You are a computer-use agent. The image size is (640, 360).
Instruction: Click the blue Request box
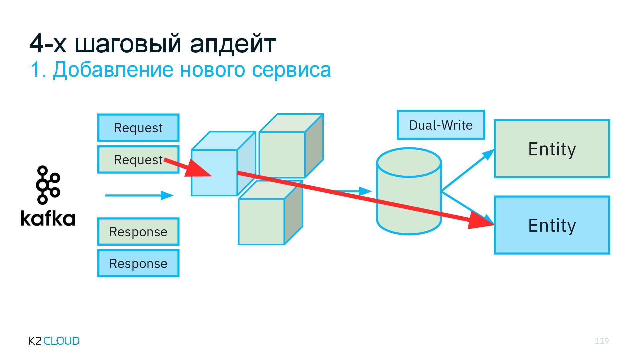pyautogui.click(x=138, y=128)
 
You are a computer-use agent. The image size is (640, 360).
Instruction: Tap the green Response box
pyautogui.click(x=138, y=232)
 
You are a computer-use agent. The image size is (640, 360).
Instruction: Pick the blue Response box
pyautogui.click(x=138, y=263)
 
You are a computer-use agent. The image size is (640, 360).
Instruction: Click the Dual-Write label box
pyautogui.click(x=441, y=125)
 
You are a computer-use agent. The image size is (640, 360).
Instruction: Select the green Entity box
pyautogui.click(x=552, y=149)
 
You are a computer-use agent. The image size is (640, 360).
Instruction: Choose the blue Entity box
pyautogui.click(x=552, y=225)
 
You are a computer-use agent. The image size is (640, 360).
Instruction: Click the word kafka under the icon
pyautogui.click(x=48, y=219)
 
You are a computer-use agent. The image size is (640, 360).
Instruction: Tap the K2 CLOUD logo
pyautogui.click(x=54, y=341)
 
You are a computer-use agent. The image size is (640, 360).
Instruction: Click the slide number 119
pyautogui.click(x=602, y=341)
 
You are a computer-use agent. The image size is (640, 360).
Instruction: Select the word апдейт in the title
pyautogui.click(x=233, y=43)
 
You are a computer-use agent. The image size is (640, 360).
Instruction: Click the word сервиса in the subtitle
pyautogui.click(x=291, y=70)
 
